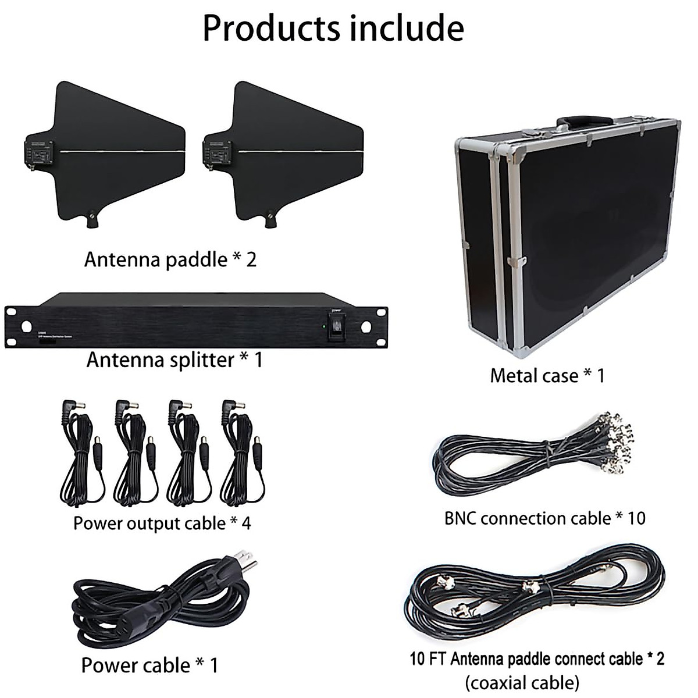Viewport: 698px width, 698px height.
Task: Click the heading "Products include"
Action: (333, 27)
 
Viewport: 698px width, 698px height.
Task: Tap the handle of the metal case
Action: (584, 122)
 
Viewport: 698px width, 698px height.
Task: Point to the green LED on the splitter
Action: (323, 326)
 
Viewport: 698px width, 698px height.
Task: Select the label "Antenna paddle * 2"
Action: (170, 259)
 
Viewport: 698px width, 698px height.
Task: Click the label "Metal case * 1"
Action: (547, 376)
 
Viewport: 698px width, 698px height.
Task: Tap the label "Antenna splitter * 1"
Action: (174, 360)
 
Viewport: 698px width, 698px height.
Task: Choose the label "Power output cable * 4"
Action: (162, 523)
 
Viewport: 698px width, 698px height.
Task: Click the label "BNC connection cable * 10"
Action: (545, 518)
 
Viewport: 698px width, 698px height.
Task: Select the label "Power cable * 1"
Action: (149, 665)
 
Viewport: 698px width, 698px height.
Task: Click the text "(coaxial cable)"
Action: (522, 682)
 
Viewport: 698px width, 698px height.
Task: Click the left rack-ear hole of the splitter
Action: (26, 326)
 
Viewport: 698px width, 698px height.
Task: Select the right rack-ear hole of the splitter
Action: (366, 326)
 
